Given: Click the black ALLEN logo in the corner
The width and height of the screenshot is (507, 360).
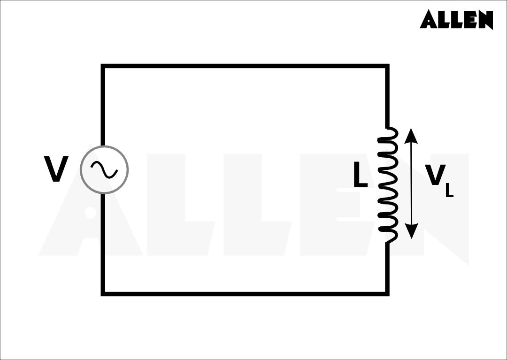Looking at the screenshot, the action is [456, 19].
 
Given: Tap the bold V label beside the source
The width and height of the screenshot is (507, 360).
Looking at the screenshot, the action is [56, 169].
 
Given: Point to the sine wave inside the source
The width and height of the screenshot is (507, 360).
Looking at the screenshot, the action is [104, 169].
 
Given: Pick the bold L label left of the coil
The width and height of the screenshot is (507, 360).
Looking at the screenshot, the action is [360, 176].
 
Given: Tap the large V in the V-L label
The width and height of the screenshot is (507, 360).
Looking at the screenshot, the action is [435, 176].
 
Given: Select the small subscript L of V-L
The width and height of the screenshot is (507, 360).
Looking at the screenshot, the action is [449, 191].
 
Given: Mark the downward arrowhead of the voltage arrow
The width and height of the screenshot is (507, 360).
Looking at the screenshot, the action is [411, 231].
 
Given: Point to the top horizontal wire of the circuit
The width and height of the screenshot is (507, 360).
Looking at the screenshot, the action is [244, 66].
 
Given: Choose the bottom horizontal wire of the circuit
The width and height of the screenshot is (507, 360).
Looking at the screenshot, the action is [244, 294].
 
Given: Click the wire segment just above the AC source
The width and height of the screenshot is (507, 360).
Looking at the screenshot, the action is [103, 106].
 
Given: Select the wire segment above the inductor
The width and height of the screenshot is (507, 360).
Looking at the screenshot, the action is [387, 96].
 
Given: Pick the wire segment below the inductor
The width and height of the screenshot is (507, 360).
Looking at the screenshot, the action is [387, 268].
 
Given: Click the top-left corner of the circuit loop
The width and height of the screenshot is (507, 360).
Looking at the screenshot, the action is [103, 66].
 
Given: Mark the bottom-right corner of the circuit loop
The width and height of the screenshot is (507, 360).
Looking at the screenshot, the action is [387, 294].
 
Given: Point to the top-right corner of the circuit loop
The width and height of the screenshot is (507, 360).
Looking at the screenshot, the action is [387, 66].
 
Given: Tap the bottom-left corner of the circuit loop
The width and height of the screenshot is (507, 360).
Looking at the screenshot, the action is [103, 294].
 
